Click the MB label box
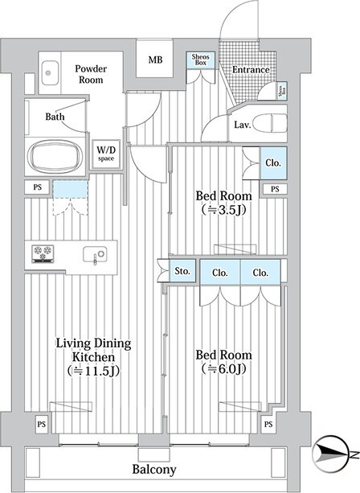coord(154,59)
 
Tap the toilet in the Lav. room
coord(269,124)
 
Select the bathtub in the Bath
coord(55,156)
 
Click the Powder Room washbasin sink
coord(50,72)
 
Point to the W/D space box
coord(106,154)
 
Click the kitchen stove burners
coord(43,253)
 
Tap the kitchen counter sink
coord(95,254)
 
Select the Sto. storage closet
coord(182,270)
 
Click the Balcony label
coord(154,470)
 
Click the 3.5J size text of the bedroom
coord(223,210)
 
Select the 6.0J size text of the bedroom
coord(223,368)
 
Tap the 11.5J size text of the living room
coord(93,371)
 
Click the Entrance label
coord(251,69)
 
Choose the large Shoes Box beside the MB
coord(200,60)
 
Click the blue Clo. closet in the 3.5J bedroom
coord(273,163)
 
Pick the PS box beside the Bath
coord(38,187)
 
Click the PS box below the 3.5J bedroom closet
coord(275,189)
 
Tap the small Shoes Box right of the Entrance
coord(282,91)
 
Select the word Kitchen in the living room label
coord(93,357)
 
